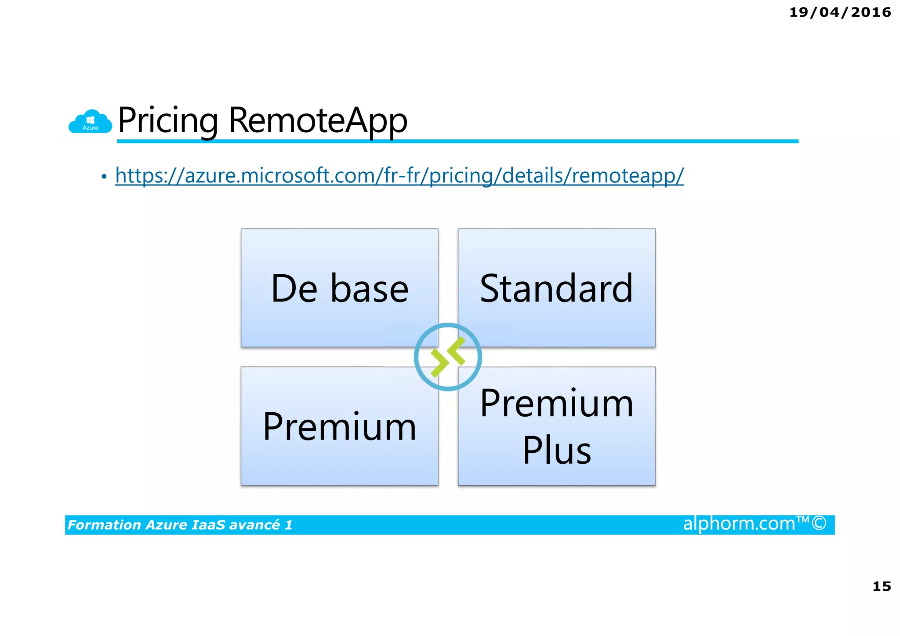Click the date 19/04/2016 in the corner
point(840,12)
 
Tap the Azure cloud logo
point(90,122)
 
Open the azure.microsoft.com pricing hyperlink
point(399,175)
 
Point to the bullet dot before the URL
point(104,177)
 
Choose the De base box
point(339,288)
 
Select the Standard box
point(556,288)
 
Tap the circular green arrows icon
point(448,357)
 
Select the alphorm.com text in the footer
point(739,524)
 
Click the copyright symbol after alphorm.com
point(819,523)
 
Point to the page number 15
point(882,586)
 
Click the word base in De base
point(369,289)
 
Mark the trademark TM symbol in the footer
point(803,520)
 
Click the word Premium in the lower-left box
point(339,426)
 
